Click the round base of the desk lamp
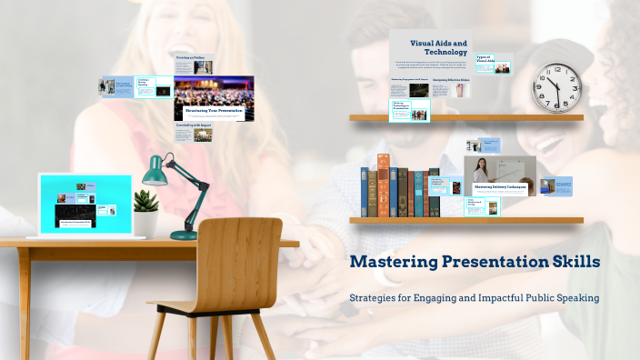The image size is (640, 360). tap(184, 235)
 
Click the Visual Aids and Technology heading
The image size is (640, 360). tap(438, 47)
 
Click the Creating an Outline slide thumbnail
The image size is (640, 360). tap(194, 65)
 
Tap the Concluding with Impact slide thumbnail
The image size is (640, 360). tap(194, 133)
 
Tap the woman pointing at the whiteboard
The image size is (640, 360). tap(481, 172)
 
